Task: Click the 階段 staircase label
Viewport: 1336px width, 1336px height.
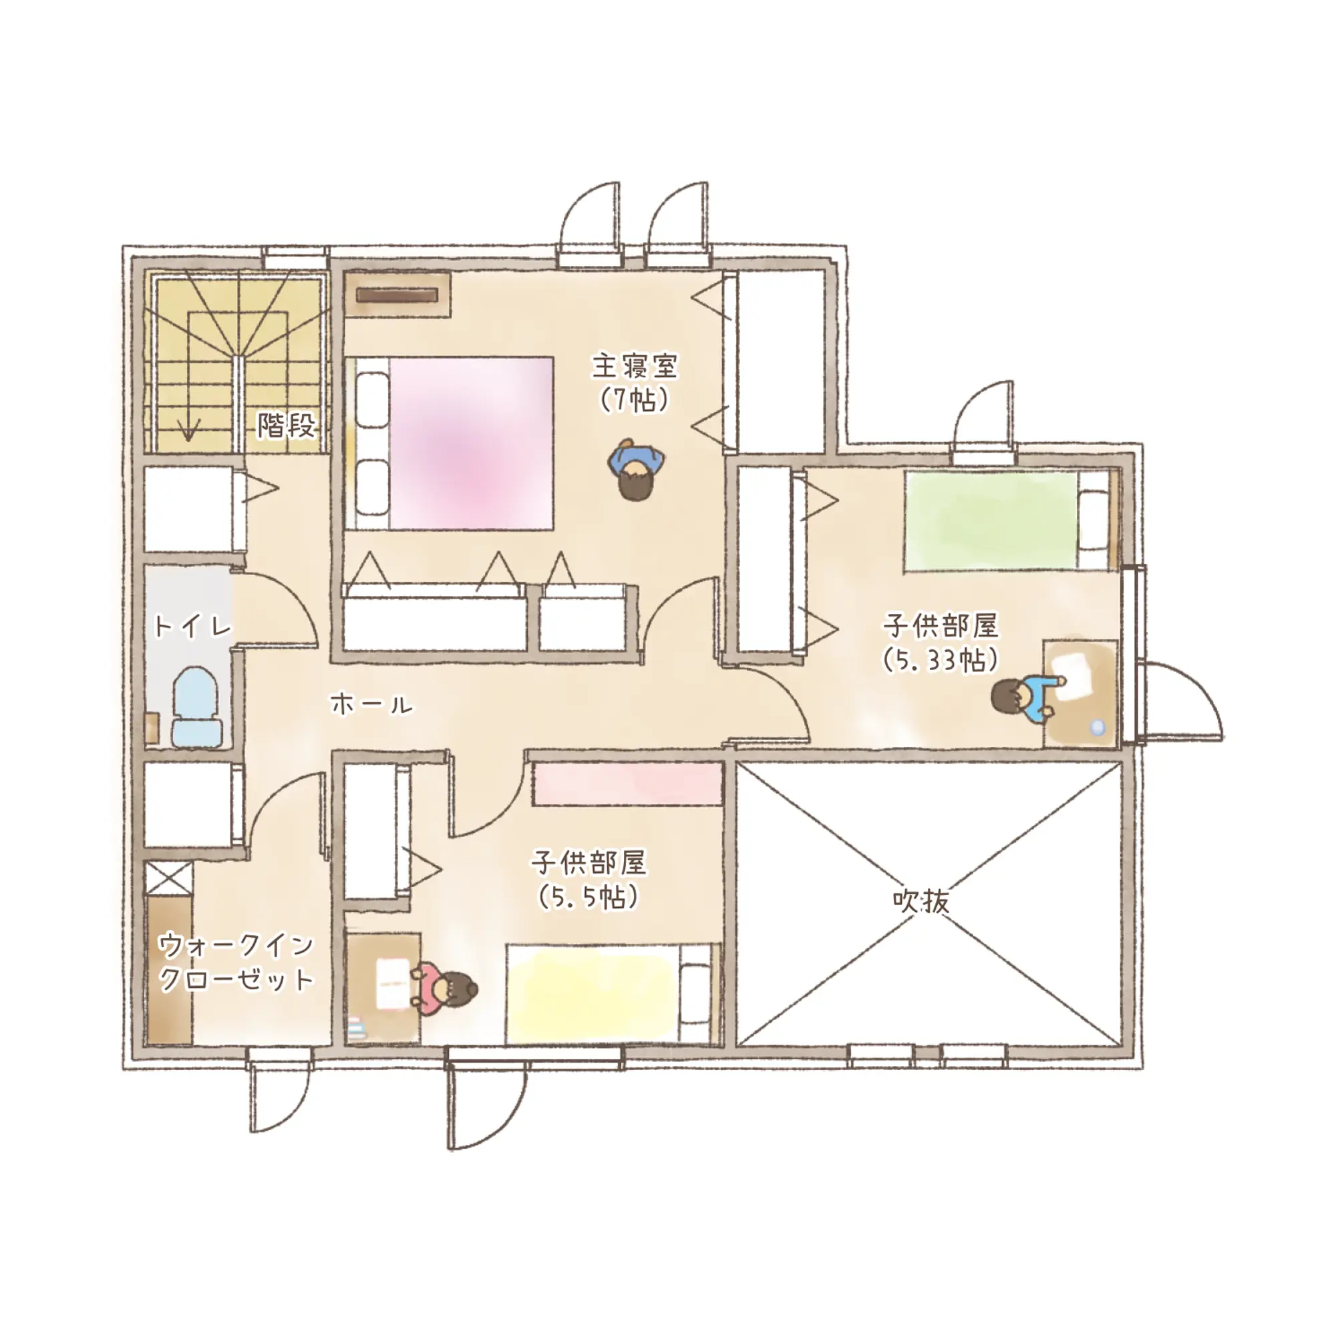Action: point(287,426)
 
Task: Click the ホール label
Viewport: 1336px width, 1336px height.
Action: point(371,705)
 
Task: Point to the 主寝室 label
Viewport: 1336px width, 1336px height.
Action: point(635,367)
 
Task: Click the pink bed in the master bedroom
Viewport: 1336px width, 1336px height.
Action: point(454,444)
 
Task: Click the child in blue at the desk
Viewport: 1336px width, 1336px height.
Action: point(1023,700)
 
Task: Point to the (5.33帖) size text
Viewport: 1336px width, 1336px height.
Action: point(941,660)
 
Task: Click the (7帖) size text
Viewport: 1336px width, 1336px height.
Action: point(634,399)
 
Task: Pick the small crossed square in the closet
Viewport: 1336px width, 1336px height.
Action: point(169,878)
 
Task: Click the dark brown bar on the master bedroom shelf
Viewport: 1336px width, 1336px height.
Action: point(397,295)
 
